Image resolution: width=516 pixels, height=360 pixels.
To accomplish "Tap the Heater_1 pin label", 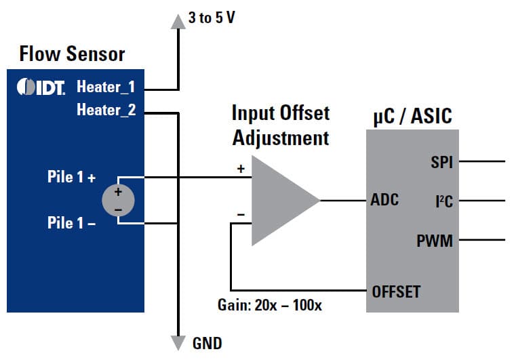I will (106, 87).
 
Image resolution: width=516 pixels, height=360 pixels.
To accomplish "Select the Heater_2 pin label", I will (106, 110).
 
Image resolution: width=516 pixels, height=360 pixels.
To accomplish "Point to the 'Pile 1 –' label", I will (71, 222).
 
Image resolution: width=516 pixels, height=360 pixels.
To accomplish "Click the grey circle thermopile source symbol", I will (118, 201).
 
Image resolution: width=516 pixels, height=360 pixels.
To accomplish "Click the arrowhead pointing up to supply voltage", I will (178, 22).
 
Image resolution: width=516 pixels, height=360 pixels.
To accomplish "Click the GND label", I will (206, 344).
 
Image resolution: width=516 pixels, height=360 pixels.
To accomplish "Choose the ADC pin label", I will (384, 201).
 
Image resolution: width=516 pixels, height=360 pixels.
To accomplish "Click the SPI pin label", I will (441, 162).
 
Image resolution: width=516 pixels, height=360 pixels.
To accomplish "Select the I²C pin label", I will (443, 201).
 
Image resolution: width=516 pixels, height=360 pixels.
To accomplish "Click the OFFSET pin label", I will (396, 292).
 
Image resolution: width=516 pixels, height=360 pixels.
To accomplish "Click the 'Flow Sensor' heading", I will (72, 54).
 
